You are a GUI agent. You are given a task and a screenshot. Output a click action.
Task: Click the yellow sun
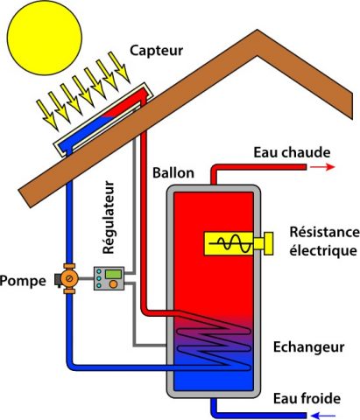coord(44,38)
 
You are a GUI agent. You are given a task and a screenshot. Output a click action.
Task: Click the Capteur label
coord(156,51)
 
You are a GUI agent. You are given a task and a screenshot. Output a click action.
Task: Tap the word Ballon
coord(173,173)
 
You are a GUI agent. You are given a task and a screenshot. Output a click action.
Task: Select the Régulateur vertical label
coord(109,218)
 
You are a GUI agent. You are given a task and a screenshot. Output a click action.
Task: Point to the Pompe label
coord(23,281)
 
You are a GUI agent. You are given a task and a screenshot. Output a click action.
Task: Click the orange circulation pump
coord(68,278)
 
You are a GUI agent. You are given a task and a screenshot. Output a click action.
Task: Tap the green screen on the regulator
coord(113,274)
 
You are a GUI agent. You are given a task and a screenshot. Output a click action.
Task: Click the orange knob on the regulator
coord(113,284)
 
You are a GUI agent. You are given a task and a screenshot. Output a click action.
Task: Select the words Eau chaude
coord(292,152)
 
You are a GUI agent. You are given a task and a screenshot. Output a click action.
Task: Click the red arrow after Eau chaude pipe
coord(322,167)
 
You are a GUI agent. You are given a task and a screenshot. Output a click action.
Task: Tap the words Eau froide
coord(307,398)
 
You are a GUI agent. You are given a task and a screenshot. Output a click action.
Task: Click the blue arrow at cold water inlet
coord(322,416)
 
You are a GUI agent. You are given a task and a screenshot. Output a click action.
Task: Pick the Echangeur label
coord(308,347)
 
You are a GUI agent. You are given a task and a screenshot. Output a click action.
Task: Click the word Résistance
coord(324,232)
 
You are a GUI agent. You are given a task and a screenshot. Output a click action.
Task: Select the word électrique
coord(323,251)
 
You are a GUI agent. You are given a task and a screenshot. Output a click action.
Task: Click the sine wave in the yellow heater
coord(234,243)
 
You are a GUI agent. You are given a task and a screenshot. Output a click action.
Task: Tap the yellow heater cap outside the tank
coord(264,243)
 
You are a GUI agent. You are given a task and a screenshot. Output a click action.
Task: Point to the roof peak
coord(258,30)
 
